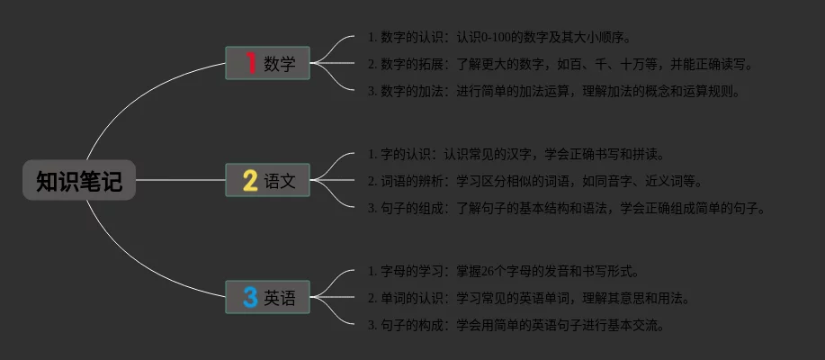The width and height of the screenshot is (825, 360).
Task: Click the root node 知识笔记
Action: coord(79,181)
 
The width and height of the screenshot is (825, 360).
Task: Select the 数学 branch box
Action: coord(267,63)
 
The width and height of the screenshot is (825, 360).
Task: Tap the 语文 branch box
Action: coord(267,180)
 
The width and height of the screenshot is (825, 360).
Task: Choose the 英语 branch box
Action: coord(267,297)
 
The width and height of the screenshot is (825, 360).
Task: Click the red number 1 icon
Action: coord(250,63)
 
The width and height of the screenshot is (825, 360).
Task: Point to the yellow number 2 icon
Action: coord(250,180)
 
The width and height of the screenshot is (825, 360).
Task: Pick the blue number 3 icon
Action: coord(250,297)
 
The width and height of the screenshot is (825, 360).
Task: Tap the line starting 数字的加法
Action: coord(554,91)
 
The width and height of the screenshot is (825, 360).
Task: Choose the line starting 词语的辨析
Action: coord(535,181)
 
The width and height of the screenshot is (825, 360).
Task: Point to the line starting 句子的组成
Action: coord(567,208)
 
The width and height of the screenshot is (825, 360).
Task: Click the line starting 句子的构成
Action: coord(516,325)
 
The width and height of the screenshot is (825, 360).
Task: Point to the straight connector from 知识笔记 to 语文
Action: coord(180,180)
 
